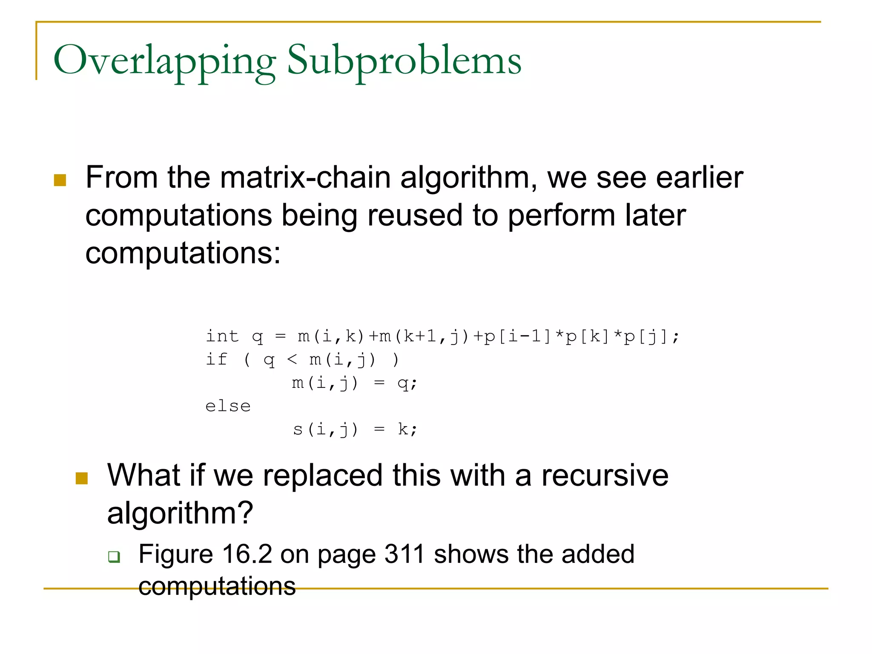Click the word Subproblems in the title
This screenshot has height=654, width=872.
[x=404, y=61]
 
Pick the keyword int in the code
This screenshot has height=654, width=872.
[x=222, y=336]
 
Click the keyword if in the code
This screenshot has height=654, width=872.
[x=216, y=359]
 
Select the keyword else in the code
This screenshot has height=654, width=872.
[x=228, y=406]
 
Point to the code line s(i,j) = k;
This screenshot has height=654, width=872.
[x=355, y=429]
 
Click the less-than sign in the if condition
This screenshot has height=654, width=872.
[x=292, y=360]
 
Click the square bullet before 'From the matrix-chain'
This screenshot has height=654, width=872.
[x=60, y=180]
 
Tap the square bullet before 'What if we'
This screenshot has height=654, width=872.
[x=81, y=478]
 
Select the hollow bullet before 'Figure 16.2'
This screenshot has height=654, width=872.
[x=114, y=556]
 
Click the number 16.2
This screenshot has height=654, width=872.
[x=247, y=554]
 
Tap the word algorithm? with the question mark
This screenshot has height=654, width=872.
[x=180, y=513]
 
